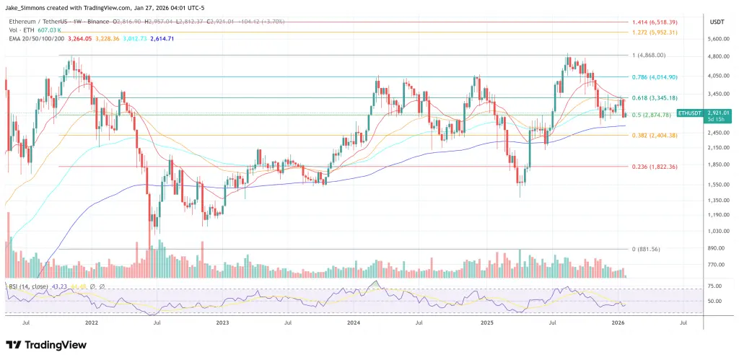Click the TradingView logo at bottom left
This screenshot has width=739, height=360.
43,345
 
